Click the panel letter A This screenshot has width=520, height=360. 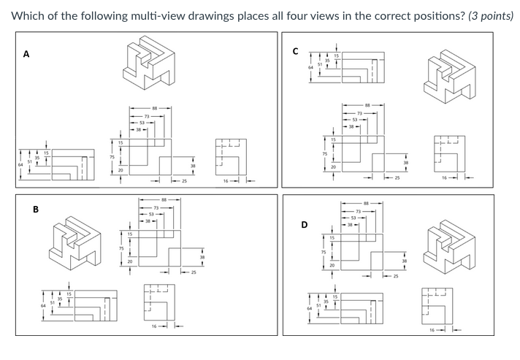(26, 53)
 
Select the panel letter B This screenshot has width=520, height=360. (35, 210)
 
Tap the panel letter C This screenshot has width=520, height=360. (295, 50)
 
